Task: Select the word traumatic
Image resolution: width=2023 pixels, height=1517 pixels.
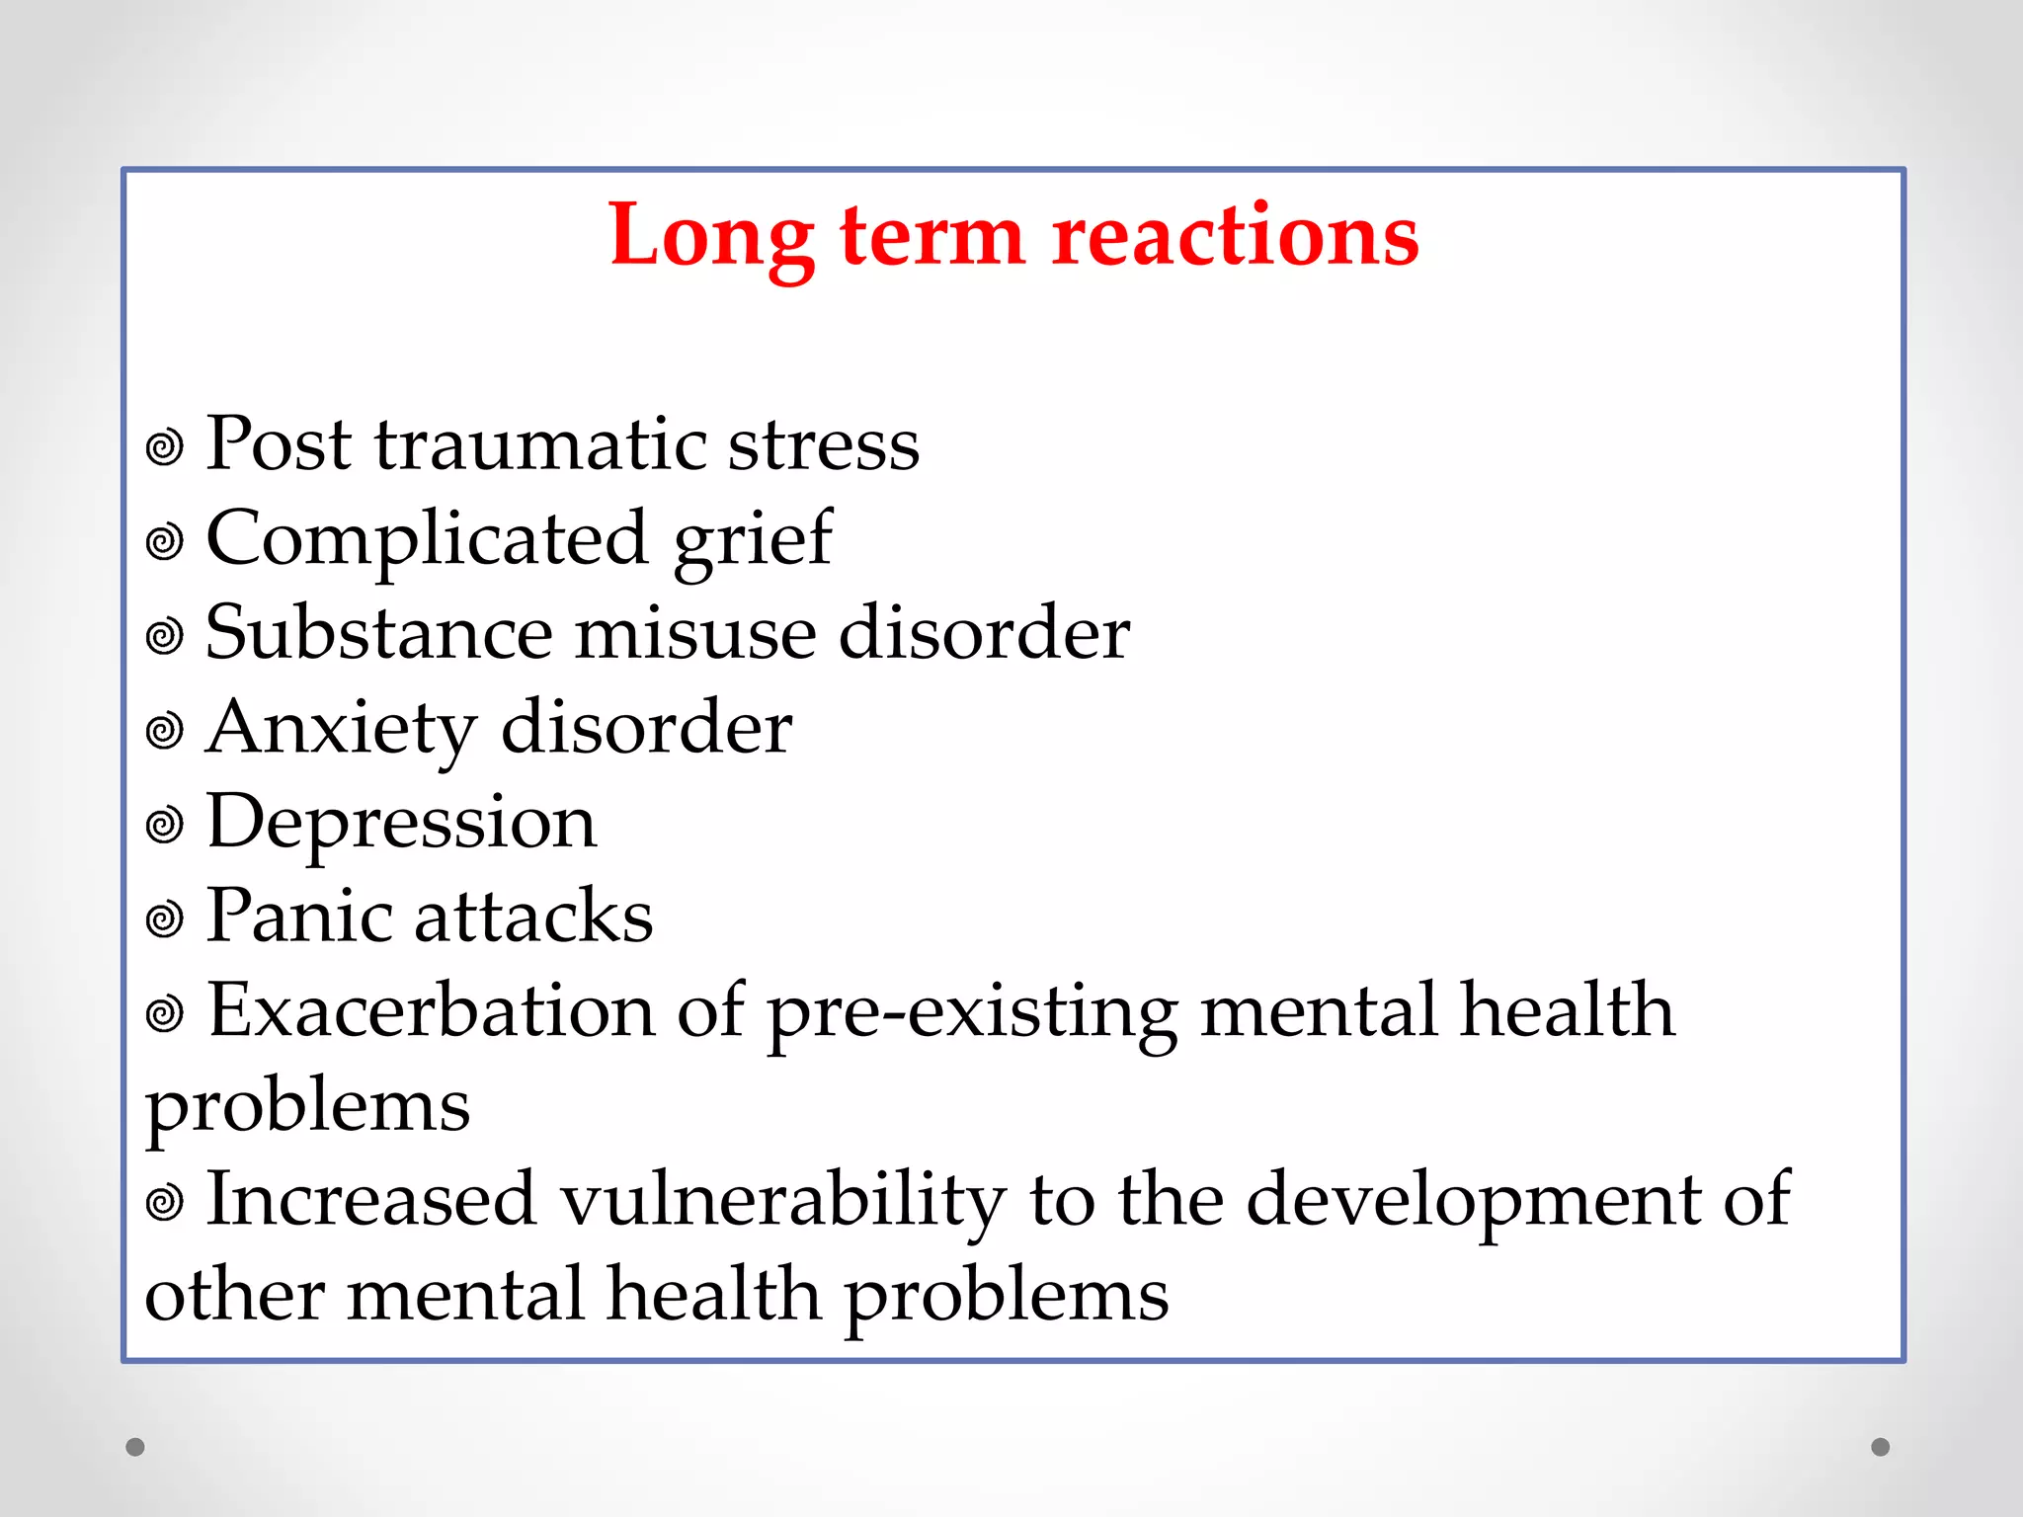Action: click(539, 443)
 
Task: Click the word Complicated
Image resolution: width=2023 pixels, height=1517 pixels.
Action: click(427, 539)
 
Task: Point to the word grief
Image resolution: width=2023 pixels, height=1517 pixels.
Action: click(753, 539)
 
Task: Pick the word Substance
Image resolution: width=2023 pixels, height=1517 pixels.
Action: click(378, 633)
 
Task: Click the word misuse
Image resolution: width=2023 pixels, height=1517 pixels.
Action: click(695, 633)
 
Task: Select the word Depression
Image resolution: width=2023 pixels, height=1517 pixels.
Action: click(401, 823)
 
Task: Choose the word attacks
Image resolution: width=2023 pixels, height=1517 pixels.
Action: click(533, 917)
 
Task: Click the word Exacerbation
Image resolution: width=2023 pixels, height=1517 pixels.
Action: click(431, 1011)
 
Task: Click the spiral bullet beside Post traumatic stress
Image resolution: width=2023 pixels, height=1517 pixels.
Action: click(165, 447)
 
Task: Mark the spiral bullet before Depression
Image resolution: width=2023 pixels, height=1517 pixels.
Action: click(165, 826)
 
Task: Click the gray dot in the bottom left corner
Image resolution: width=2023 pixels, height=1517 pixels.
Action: click(135, 1447)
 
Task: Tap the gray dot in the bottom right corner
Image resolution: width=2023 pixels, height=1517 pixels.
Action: click(1881, 1447)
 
